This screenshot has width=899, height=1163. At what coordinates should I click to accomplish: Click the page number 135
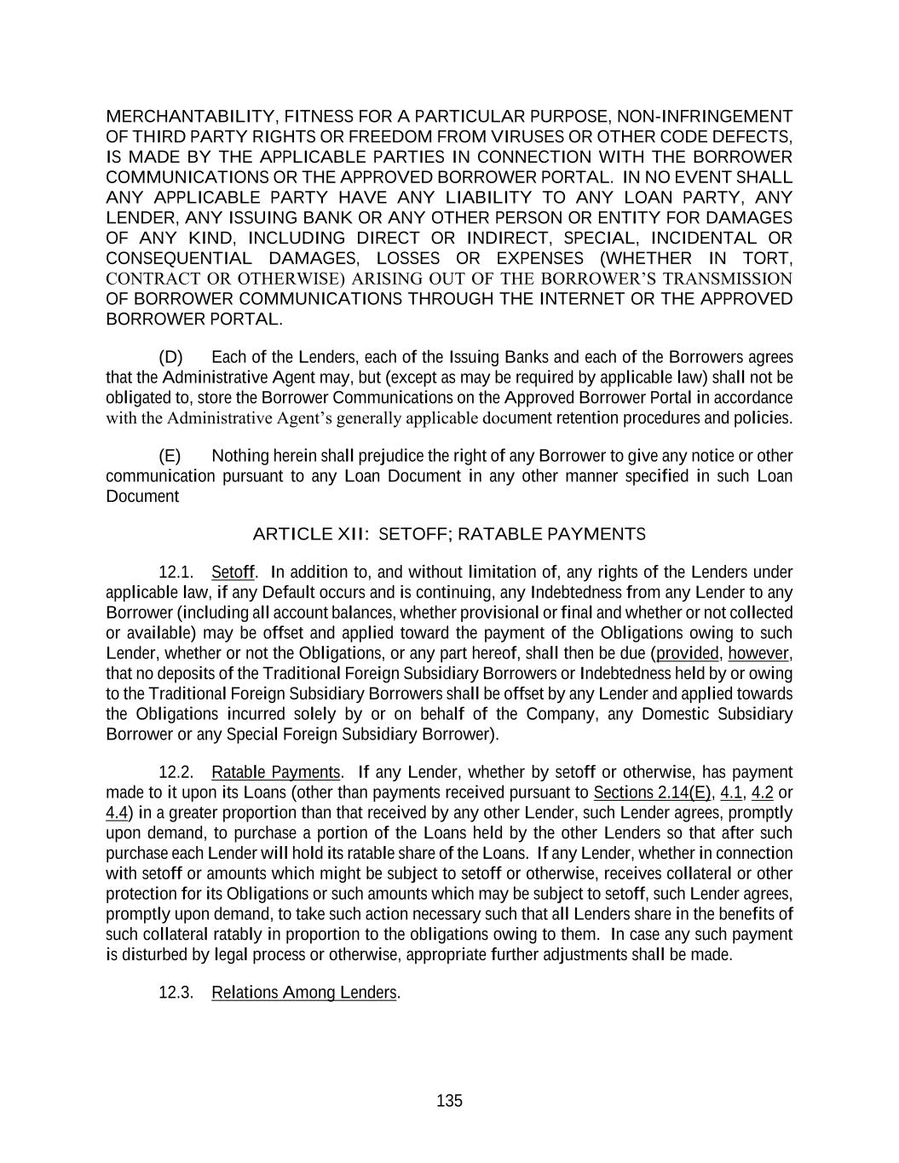click(x=449, y=1101)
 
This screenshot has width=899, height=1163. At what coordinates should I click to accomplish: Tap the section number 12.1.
click(x=176, y=572)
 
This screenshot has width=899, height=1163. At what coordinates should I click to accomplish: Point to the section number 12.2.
click(x=176, y=772)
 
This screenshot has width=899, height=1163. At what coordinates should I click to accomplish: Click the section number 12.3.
click(x=176, y=993)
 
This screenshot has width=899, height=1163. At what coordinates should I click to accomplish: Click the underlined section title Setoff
click(x=233, y=572)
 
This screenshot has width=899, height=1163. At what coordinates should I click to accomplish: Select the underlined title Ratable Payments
click(x=275, y=772)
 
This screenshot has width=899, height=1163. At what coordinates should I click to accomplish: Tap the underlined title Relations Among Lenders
click(x=304, y=993)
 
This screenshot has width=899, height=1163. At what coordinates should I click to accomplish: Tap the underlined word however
click(x=758, y=653)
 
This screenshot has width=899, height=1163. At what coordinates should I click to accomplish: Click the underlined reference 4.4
click(x=117, y=813)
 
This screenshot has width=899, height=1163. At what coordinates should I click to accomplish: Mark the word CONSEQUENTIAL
click(x=179, y=258)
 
